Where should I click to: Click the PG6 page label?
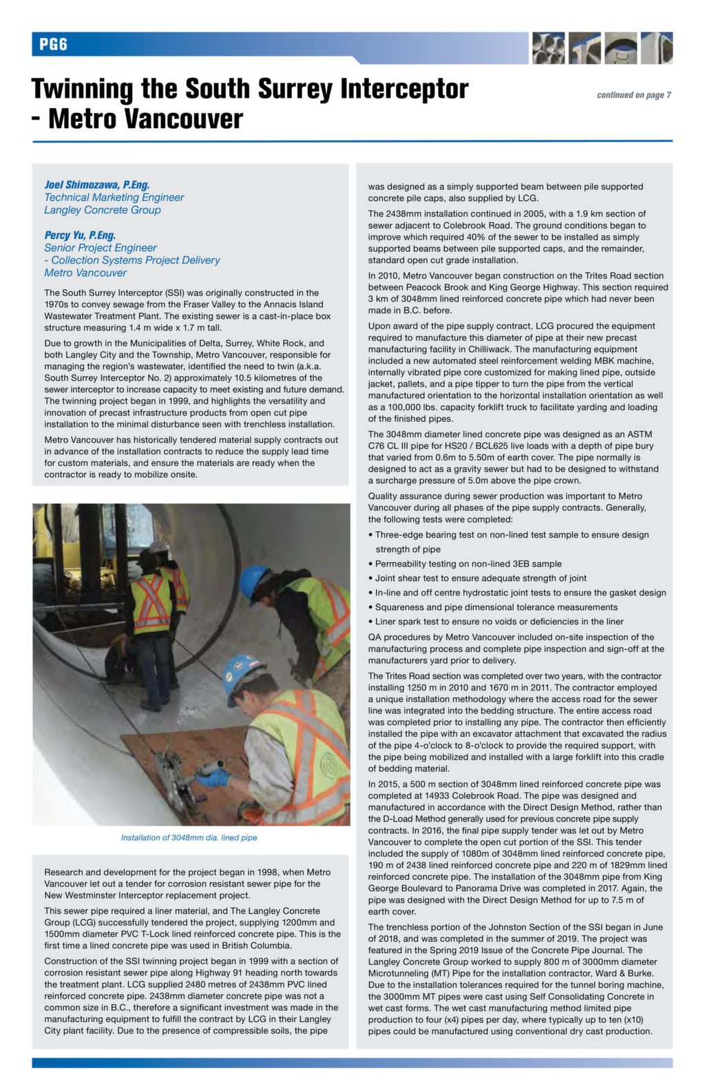53,45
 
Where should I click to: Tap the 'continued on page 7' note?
633,95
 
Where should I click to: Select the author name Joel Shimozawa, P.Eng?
97,185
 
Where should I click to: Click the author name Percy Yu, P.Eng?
80,235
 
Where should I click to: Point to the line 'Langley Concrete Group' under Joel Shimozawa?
103,210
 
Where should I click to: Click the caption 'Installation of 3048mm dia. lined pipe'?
189,838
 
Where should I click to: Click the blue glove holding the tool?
213,777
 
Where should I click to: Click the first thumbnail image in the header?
548,48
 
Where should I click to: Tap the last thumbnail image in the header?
656,48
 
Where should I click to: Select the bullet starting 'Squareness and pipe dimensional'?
496,607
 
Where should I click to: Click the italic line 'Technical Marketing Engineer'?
114,198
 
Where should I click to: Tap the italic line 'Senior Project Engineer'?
101,248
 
